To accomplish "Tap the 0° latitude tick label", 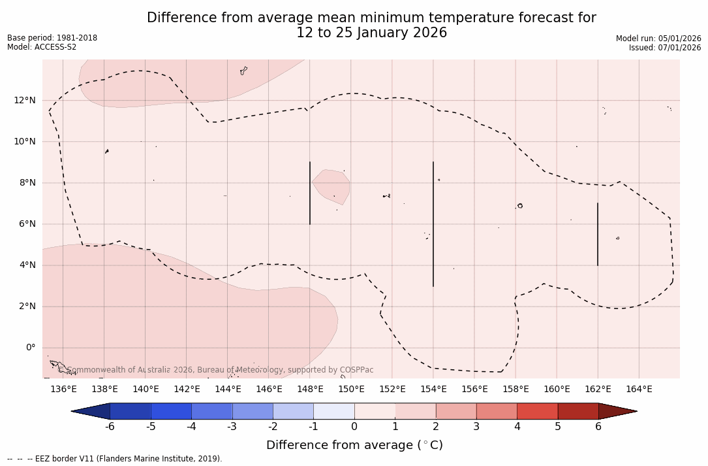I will pos(31,347).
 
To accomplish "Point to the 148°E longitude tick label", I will pos(310,389).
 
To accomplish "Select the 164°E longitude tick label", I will pos(639,389).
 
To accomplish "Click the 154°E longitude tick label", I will pos(433,389).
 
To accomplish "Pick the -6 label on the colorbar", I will pos(110,427).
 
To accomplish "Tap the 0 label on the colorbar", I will pos(354,427).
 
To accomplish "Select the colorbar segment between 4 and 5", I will pos(537,411).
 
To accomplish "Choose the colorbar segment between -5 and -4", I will pos(171,411).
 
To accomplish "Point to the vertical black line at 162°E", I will pos(598,234).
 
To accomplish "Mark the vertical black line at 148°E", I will pos(310,193).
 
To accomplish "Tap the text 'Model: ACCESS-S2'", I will pos(42,47).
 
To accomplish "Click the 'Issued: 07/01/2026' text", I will pos(665,48).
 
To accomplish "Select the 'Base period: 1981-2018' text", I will pos(52,38).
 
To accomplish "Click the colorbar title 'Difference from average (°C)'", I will pos(354,445).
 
